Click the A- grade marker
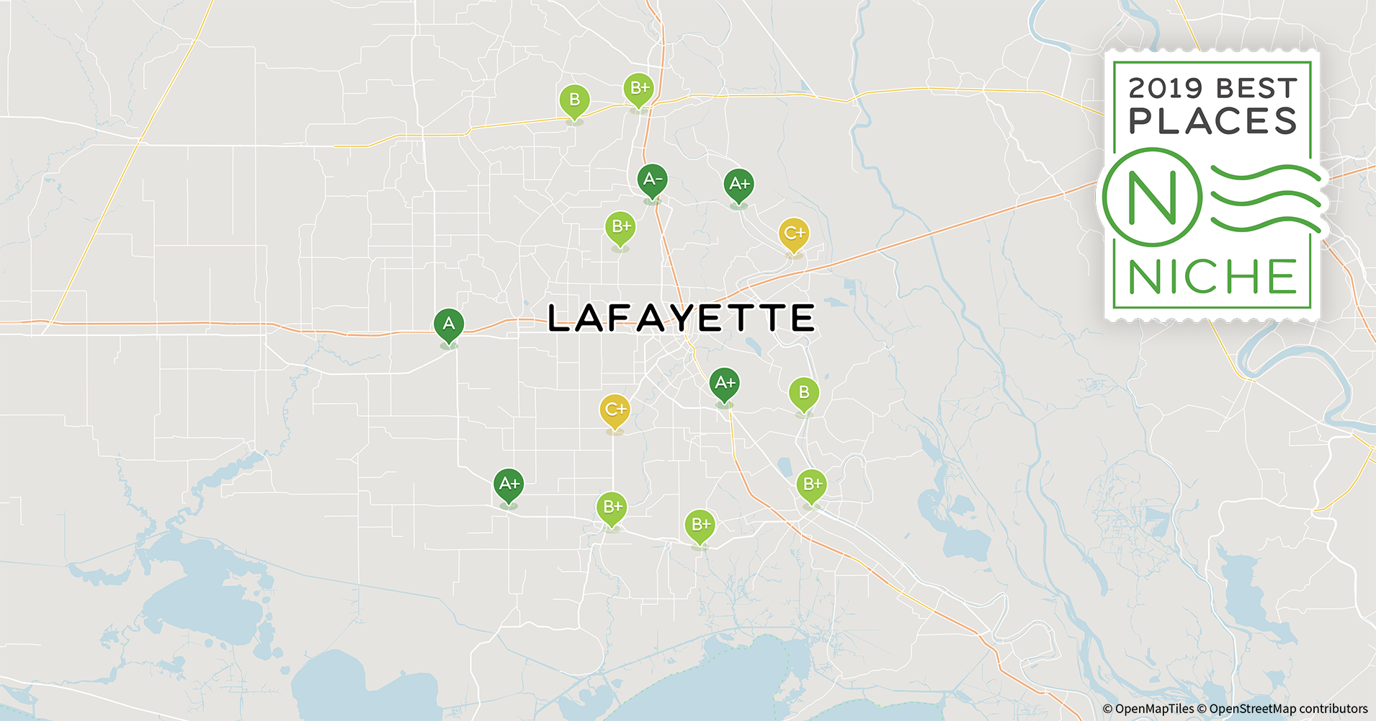(x=652, y=180)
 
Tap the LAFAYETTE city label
(x=681, y=318)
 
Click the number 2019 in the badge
(x=1165, y=89)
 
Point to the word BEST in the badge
(x=1256, y=89)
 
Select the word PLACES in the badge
(x=1212, y=122)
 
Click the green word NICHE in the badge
(x=1212, y=277)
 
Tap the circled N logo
(x=1152, y=196)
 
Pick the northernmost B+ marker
(x=638, y=89)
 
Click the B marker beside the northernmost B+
(x=574, y=100)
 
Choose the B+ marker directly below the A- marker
(x=620, y=227)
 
